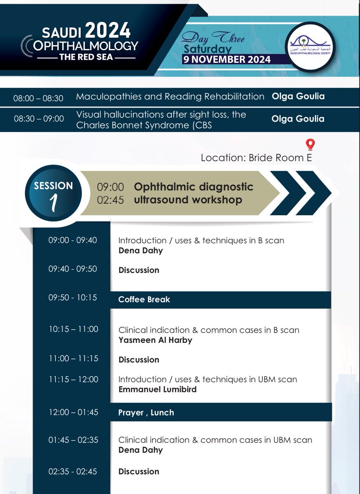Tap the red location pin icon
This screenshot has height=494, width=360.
(x=310, y=144)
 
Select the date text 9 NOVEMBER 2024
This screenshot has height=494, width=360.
(x=227, y=59)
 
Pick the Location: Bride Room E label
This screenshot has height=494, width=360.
(x=256, y=158)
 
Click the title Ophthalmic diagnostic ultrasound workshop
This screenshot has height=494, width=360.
(x=194, y=193)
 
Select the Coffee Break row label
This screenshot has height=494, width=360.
(x=144, y=300)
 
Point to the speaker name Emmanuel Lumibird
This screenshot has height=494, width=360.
(x=157, y=389)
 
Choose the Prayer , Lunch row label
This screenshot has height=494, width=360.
(x=146, y=412)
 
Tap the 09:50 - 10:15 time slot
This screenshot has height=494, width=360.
(x=72, y=297)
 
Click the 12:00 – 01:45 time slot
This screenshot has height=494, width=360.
(x=73, y=412)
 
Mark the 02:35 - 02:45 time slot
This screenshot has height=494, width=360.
(x=73, y=471)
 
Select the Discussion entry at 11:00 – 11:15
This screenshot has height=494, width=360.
(x=138, y=360)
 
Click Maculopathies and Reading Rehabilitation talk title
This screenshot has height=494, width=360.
(x=170, y=97)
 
